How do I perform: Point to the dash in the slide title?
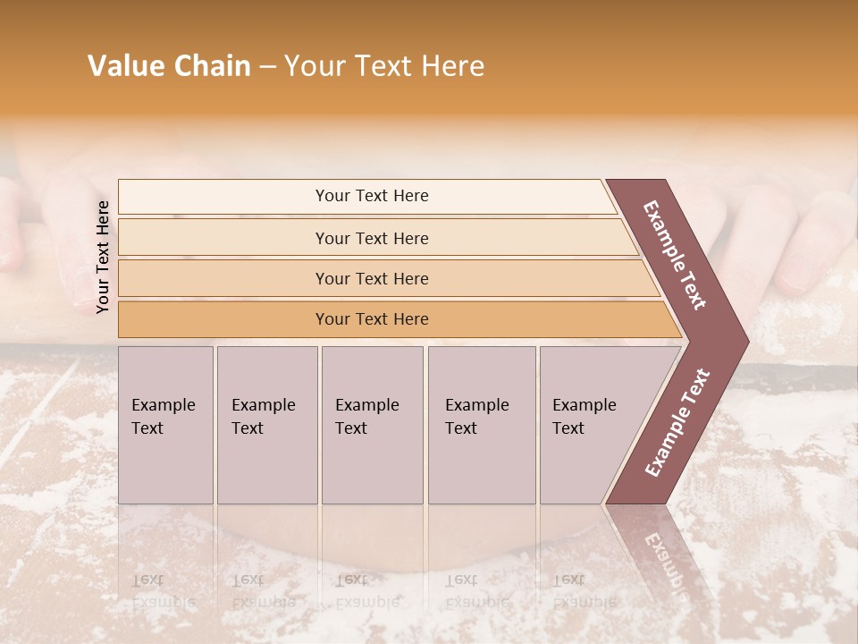pos(267,67)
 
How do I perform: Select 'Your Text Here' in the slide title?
pos(384,66)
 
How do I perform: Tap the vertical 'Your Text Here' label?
pos(103,257)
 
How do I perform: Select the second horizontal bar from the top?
pos(372,238)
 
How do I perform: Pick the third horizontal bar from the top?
pos(372,278)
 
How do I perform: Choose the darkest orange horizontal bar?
pos(372,319)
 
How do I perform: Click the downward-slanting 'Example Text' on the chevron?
pos(675,255)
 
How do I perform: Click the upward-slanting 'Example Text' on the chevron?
pos(677,423)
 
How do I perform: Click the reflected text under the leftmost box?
pos(163,590)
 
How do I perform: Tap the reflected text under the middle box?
pos(366,590)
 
